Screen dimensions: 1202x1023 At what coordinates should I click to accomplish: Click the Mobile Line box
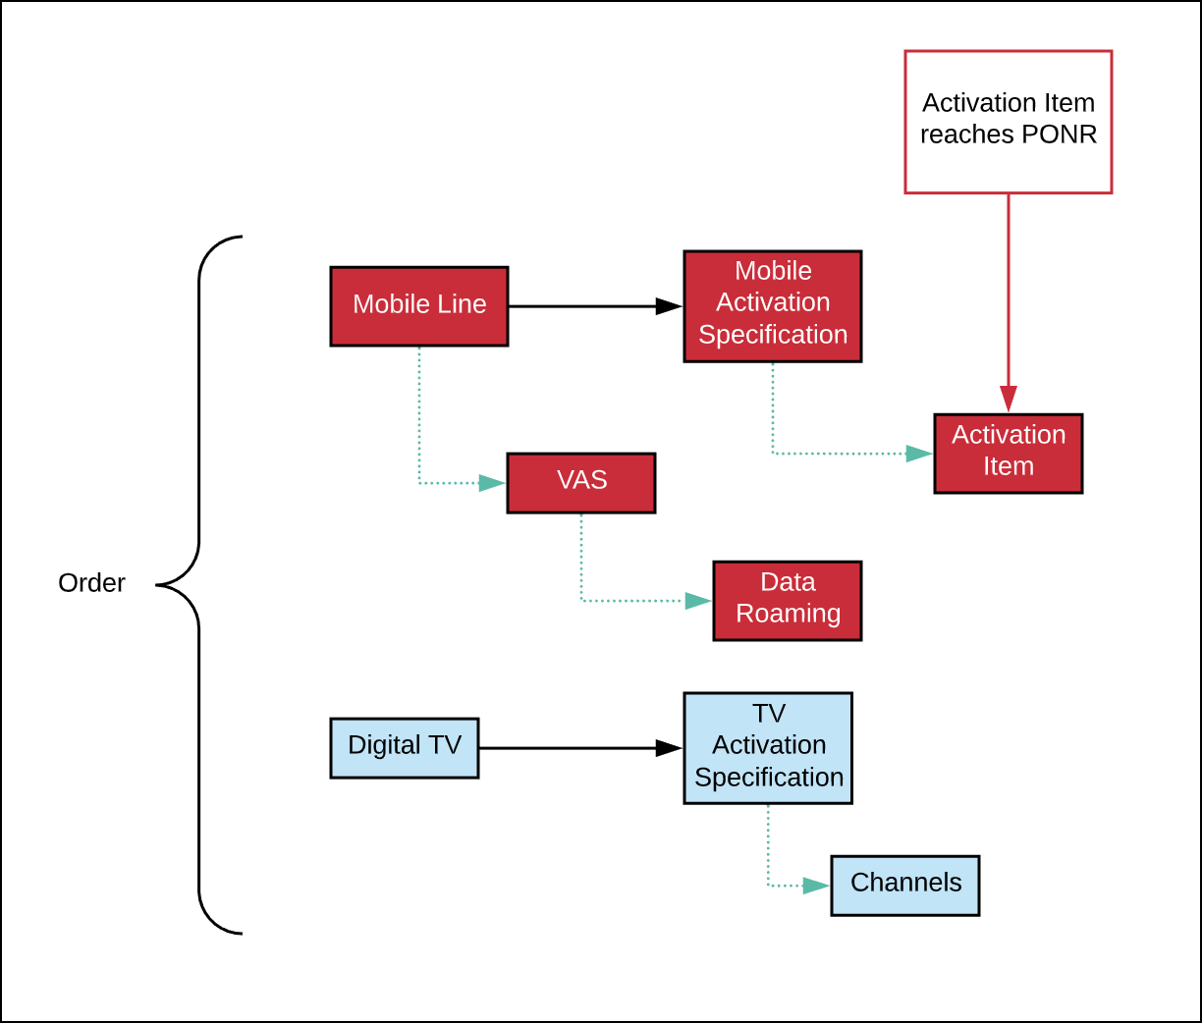point(418,306)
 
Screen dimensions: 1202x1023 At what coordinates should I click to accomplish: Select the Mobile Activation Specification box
point(772,306)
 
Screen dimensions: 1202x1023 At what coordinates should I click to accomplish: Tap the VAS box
point(581,483)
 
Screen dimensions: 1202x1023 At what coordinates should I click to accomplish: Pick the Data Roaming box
point(788,601)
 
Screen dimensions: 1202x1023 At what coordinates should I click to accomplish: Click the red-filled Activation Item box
point(1009,454)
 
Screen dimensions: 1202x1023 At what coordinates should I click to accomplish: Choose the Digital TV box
point(405,748)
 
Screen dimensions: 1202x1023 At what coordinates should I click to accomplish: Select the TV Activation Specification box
point(768,748)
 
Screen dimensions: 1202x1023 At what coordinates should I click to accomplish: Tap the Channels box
point(904,886)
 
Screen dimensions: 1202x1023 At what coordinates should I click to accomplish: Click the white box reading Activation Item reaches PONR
point(1008,122)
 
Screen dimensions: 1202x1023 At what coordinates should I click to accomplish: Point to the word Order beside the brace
point(91,583)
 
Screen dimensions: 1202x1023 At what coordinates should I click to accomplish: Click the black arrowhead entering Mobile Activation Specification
point(669,306)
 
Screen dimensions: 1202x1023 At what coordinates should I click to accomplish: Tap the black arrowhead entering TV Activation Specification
point(669,748)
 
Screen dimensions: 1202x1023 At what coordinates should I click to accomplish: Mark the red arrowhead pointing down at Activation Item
point(1009,399)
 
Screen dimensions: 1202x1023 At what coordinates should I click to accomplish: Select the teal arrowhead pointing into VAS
point(492,483)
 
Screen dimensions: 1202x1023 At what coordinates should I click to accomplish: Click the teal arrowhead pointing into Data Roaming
point(698,601)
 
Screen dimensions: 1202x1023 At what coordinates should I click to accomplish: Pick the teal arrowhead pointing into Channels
point(816,886)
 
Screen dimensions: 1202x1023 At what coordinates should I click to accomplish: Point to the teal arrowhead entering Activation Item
point(919,454)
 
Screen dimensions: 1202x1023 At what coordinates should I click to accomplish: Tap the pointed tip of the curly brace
point(157,585)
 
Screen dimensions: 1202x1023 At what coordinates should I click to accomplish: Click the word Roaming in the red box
point(788,615)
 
